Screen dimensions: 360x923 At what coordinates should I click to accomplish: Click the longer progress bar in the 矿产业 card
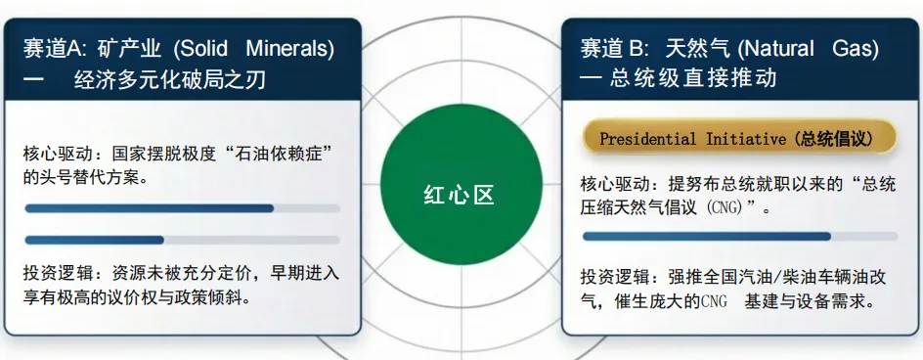149,208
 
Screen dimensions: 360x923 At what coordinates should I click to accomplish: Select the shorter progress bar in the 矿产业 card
94,240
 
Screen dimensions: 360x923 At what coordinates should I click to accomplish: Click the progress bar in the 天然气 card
706,236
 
